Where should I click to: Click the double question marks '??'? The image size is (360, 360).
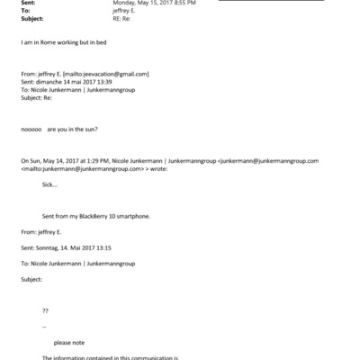click(x=46, y=310)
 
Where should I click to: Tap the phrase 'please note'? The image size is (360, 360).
click(x=68, y=342)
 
